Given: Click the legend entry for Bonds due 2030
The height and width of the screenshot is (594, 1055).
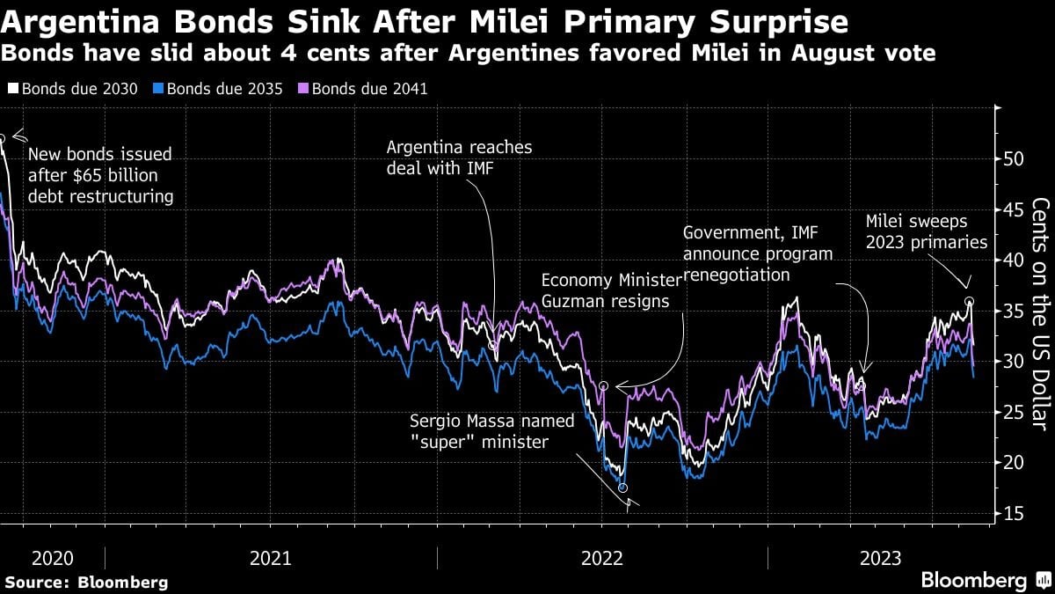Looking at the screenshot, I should (x=74, y=89).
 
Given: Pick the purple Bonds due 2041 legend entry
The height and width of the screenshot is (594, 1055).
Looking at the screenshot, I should (x=365, y=89).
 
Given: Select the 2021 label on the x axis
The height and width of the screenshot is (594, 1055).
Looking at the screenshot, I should (x=270, y=558).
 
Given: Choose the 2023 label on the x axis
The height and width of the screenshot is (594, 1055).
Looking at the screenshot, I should (x=880, y=558).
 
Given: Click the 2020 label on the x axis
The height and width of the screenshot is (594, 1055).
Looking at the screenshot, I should (x=52, y=558).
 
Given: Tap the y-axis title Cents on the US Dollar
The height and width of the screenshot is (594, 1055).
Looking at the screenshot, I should (x=1040, y=312).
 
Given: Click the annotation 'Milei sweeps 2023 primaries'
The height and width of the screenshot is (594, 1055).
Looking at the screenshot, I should (x=927, y=231).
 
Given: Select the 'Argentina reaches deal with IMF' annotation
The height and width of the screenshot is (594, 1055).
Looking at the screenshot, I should (x=459, y=158).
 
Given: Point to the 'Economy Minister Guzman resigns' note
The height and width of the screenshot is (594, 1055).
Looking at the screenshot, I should (x=611, y=290).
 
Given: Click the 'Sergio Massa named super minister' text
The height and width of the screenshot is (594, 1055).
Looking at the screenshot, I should (x=492, y=431).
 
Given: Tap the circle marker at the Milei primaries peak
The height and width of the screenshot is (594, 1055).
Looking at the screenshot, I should (x=969, y=302).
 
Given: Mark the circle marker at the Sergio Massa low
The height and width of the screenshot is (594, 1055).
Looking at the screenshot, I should (x=623, y=488).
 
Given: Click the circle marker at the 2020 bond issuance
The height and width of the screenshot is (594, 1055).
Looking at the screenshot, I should (x=3, y=138).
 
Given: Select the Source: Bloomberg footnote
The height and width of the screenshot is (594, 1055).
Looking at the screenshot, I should (x=86, y=582).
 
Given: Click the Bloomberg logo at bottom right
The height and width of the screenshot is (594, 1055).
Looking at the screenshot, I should (x=985, y=580).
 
